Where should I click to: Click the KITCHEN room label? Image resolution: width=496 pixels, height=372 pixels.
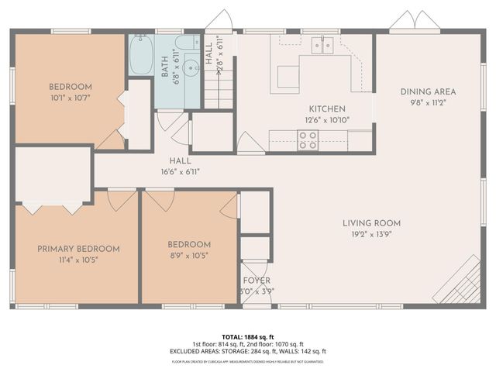[x=327, y=109]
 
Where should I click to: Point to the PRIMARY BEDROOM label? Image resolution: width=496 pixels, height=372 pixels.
[x=79, y=249]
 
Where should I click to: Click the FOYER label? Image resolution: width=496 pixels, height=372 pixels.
[x=257, y=281]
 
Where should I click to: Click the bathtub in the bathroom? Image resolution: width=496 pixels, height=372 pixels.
[x=140, y=55]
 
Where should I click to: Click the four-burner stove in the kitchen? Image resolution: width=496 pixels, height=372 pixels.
[x=308, y=139]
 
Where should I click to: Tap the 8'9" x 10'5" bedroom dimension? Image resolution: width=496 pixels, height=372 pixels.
[x=189, y=254]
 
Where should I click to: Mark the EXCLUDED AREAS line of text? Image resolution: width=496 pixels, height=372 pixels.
[x=248, y=351]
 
